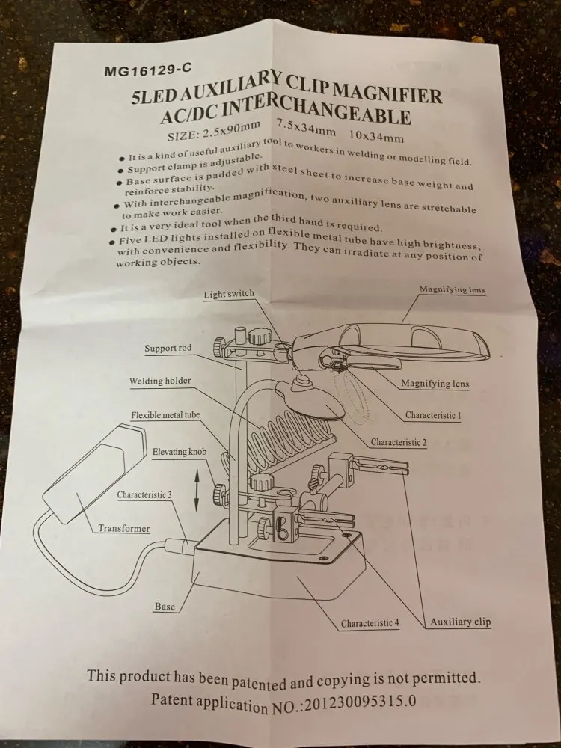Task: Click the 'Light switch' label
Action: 229,295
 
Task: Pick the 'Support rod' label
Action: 168,349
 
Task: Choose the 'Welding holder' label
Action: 159,381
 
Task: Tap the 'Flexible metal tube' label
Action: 165,415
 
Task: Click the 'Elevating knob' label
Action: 180,453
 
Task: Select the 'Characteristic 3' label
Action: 144,495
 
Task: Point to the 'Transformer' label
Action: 123,529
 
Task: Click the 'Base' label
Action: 165,607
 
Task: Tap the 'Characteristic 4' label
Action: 370,623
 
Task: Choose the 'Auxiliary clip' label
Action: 461,622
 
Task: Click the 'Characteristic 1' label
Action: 433,414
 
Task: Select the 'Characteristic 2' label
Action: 399,443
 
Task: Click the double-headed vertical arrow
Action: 196,490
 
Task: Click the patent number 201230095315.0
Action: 359,703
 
